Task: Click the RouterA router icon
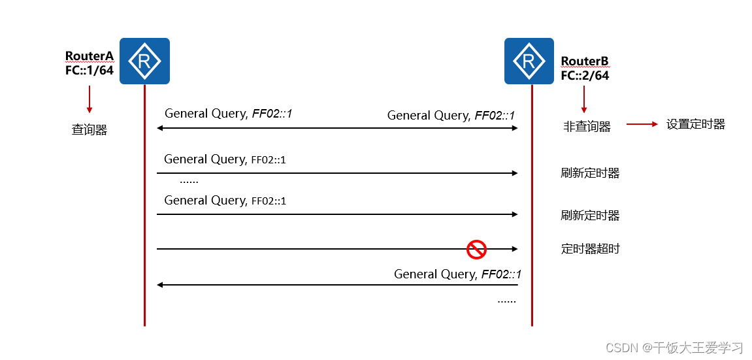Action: pyautogui.click(x=144, y=61)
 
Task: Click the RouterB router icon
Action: pyautogui.click(x=529, y=61)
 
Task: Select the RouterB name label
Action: pyautogui.click(x=585, y=61)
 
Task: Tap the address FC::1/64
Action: pyautogui.click(x=90, y=70)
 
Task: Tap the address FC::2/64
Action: pyautogui.click(x=585, y=76)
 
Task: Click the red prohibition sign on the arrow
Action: pyautogui.click(x=476, y=249)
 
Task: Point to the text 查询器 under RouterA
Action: pyautogui.click(x=89, y=130)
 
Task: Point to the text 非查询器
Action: pyautogui.click(x=587, y=127)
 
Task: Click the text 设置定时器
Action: pyautogui.click(x=696, y=124)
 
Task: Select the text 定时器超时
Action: pyautogui.click(x=590, y=248)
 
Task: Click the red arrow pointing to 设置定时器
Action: pyautogui.click(x=642, y=124)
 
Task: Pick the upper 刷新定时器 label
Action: pyautogui.click(x=590, y=173)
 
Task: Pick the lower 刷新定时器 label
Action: pyautogui.click(x=590, y=215)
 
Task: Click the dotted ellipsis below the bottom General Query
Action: pyautogui.click(x=506, y=301)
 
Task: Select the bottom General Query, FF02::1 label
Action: pyautogui.click(x=457, y=274)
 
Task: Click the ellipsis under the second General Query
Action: pyautogui.click(x=189, y=181)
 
